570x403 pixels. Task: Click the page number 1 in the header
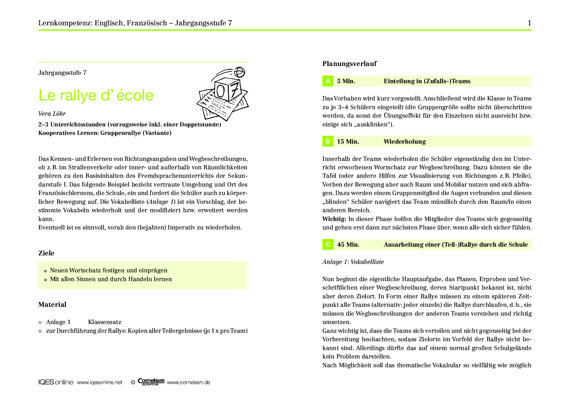[x=529, y=23]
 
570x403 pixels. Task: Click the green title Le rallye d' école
[x=96, y=95]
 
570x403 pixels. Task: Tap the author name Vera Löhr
[x=52, y=114]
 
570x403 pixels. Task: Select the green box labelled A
[x=328, y=81]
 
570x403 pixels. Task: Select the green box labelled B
[x=328, y=142]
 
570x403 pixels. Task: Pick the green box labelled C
[x=328, y=245]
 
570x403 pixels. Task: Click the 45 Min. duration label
[x=348, y=245]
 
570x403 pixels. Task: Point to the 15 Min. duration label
[x=348, y=142]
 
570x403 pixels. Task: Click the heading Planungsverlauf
[x=349, y=64]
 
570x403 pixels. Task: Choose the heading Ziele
[x=46, y=253]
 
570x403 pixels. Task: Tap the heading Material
[x=52, y=305]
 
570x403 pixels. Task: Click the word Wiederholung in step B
[x=405, y=142]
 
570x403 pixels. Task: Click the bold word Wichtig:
[x=334, y=219]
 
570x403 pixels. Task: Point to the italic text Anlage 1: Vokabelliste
[x=353, y=262]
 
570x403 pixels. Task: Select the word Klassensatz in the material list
[x=105, y=322]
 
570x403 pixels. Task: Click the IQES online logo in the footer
[x=56, y=382]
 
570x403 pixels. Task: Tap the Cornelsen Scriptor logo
[x=151, y=382]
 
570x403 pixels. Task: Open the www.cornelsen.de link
[x=188, y=383]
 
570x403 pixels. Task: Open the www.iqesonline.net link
[x=99, y=383]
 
